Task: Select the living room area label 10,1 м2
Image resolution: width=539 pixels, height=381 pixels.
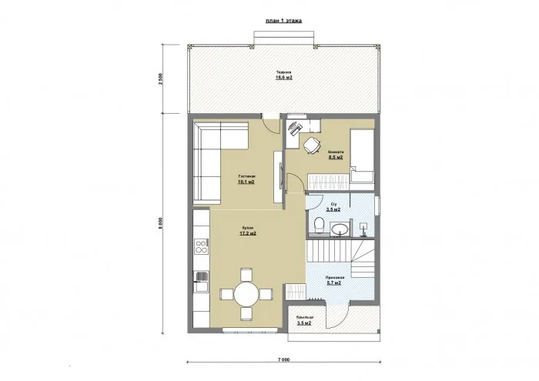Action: [246, 182]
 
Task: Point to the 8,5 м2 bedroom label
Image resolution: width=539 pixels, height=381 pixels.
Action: [336, 157]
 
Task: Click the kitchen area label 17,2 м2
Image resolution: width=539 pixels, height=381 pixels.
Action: [249, 233]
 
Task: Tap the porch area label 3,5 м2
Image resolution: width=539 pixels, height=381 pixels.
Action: [303, 323]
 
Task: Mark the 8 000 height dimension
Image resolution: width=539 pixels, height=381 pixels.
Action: [160, 223]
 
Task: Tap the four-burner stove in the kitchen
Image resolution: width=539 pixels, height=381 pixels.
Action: [203, 247]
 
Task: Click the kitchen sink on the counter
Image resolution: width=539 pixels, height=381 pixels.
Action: [201, 276]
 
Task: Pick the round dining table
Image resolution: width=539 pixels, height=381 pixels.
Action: [246, 293]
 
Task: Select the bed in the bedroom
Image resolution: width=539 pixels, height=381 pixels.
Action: [362, 155]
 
